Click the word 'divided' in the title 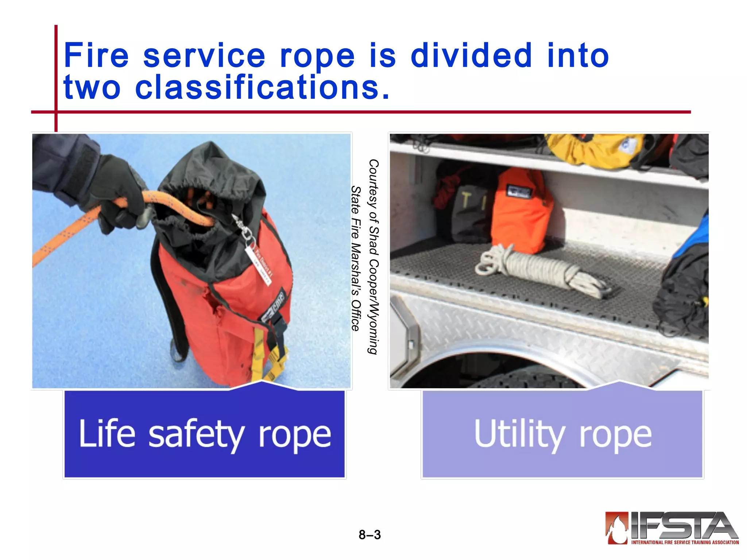click(x=471, y=55)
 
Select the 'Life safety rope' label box click(x=204, y=433)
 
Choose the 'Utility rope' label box click(x=562, y=433)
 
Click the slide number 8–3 click(x=369, y=535)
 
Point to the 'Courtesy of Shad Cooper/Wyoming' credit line click(x=373, y=257)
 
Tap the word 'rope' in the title click(x=317, y=55)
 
